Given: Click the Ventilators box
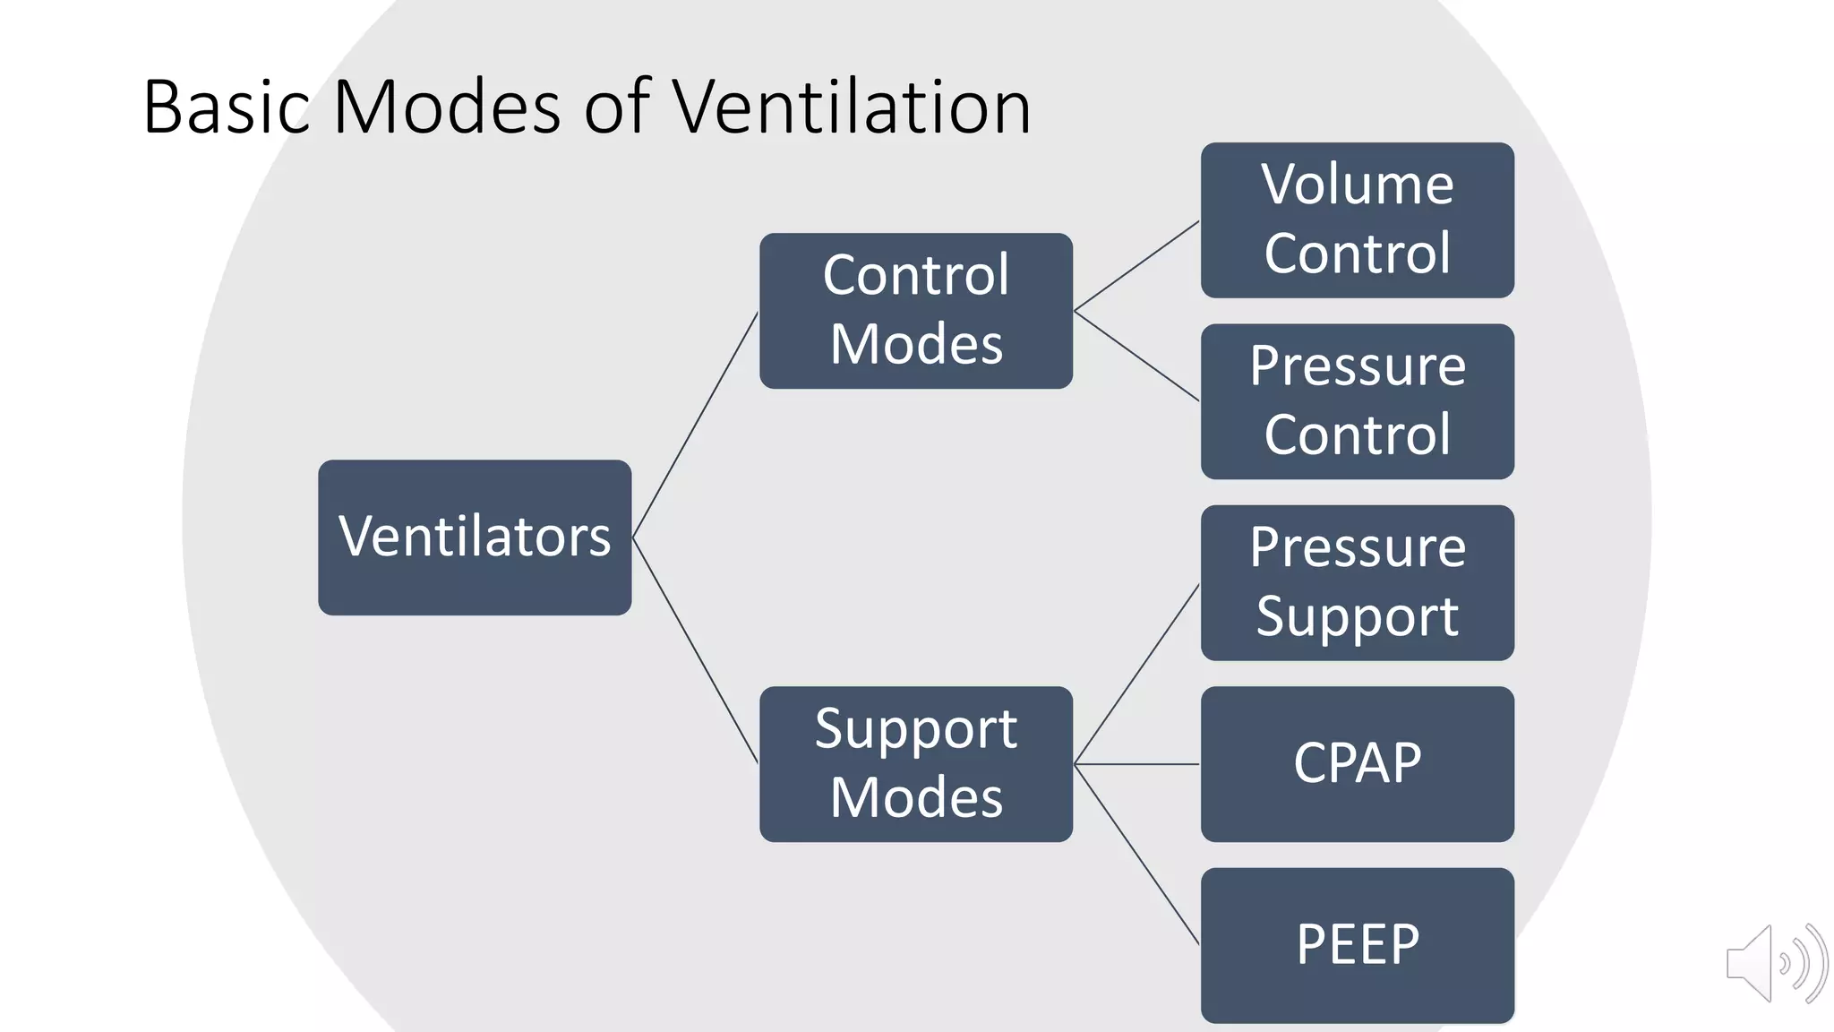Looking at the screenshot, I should (475, 537).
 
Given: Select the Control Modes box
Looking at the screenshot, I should (915, 310).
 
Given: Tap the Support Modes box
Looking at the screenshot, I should (915, 763).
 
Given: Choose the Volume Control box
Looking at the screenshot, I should (1357, 220).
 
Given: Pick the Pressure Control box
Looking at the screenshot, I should (1357, 401).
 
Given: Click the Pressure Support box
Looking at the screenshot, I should (1357, 582).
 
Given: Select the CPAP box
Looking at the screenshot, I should (1357, 763).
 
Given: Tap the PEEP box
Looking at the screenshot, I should (1357, 944).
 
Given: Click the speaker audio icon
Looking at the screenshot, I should (1775, 963).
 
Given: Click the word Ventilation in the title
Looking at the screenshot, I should (852, 107).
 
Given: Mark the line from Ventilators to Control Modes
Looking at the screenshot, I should (696, 425).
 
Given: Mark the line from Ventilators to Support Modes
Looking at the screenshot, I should (696, 650).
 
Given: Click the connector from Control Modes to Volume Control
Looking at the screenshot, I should (1136, 266).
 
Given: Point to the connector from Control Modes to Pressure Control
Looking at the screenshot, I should (1136, 356).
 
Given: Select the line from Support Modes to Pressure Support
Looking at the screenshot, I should (1136, 674).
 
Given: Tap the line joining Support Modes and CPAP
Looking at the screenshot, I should (1136, 764).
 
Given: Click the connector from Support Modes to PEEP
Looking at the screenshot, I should (1136, 854).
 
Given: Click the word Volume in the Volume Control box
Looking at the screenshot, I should (1357, 185).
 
